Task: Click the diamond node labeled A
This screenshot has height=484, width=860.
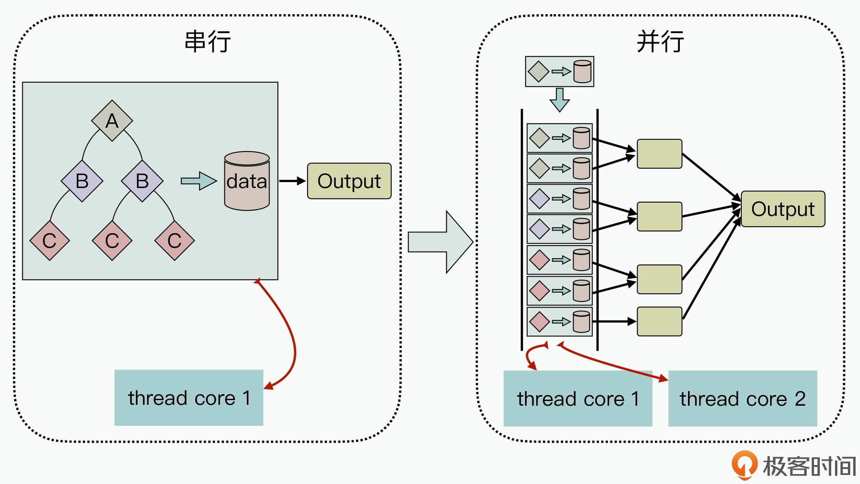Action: point(112,120)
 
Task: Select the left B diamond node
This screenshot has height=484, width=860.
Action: point(82,181)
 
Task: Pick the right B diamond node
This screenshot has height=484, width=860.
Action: point(142,181)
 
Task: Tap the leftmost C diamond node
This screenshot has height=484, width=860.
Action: point(49,240)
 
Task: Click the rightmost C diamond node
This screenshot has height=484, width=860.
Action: point(175,240)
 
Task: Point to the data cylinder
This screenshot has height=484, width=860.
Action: point(247,181)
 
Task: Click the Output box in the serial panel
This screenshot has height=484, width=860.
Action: point(349,181)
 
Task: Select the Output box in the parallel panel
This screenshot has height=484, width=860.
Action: point(783,209)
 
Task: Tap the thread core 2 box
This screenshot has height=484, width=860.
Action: point(743,398)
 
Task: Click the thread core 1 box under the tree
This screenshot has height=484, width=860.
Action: point(189,398)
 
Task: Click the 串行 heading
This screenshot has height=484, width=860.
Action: point(208,42)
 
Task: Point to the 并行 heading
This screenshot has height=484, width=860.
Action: point(660,42)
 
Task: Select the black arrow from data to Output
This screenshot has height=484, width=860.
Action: point(292,181)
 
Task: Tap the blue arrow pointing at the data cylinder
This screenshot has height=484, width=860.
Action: point(199,181)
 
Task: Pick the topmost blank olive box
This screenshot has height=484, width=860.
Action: point(659,154)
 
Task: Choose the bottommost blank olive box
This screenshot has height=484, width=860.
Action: point(659,321)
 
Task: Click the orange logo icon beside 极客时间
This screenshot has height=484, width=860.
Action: point(744,465)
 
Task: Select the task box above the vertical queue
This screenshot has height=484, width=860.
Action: point(559,71)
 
